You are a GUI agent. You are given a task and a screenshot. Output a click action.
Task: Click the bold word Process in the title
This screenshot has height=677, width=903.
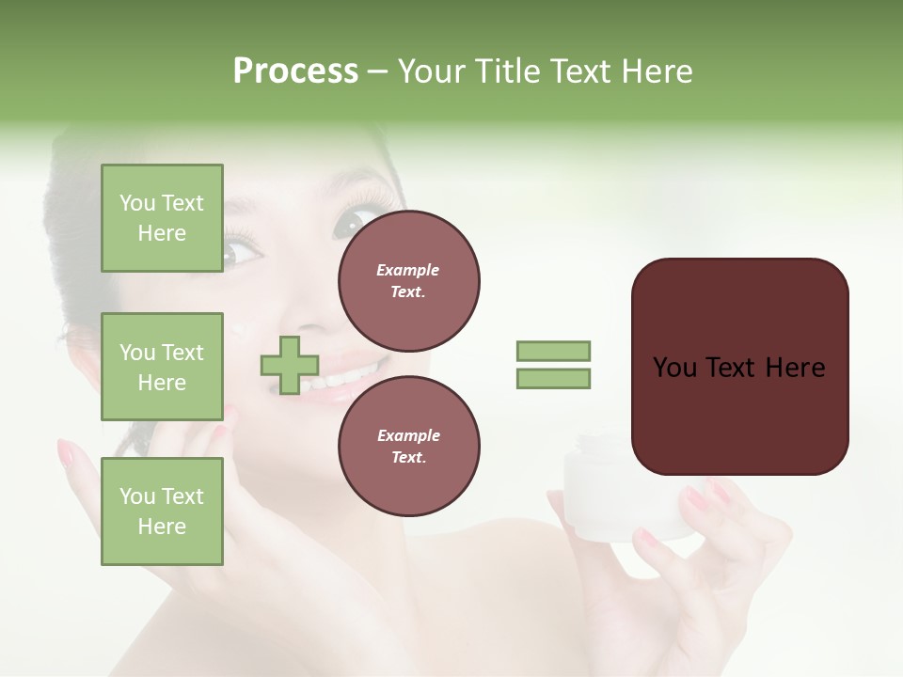pyautogui.click(x=295, y=71)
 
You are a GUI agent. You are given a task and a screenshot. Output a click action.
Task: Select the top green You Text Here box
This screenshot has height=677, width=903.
pyautogui.click(x=162, y=218)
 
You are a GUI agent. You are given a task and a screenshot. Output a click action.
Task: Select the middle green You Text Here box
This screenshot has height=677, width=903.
pyautogui.click(x=162, y=367)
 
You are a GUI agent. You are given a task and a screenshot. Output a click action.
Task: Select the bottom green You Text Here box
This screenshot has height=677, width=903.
pyautogui.click(x=162, y=511)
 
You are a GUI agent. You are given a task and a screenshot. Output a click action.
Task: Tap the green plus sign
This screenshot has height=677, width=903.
pyautogui.click(x=290, y=365)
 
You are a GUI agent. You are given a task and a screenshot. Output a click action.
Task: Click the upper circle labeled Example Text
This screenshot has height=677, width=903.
pyautogui.click(x=408, y=281)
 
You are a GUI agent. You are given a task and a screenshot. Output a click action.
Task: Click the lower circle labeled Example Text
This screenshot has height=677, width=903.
pyautogui.click(x=408, y=446)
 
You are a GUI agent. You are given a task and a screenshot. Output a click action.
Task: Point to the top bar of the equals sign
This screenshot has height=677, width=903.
pyautogui.click(x=554, y=351)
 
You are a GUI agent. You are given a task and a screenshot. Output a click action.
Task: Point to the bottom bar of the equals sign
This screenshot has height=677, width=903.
pyautogui.click(x=554, y=379)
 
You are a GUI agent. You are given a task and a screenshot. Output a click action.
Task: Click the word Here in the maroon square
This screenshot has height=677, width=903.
pyautogui.click(x=795, y=368)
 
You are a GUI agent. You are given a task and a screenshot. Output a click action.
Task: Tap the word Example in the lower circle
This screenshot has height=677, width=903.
pyautogui.click(x=408, y=435)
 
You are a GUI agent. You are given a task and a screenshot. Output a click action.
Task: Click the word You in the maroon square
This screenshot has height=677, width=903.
pyautogui.click(x=674, y=368)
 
